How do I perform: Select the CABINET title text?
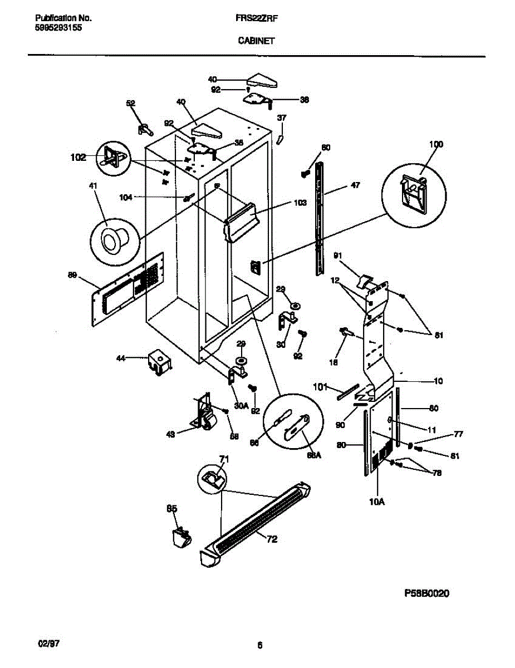(x=256, y=40)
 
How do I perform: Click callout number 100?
(x=435, y=145)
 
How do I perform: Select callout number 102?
(x=79, y=158)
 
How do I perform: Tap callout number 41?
(x=92, y=185)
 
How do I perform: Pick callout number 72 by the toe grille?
(x=271, y=539)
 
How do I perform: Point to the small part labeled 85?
(x=180, y=537)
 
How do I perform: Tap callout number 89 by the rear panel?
(x=72, y=275)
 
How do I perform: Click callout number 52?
(x=130, y=103)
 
